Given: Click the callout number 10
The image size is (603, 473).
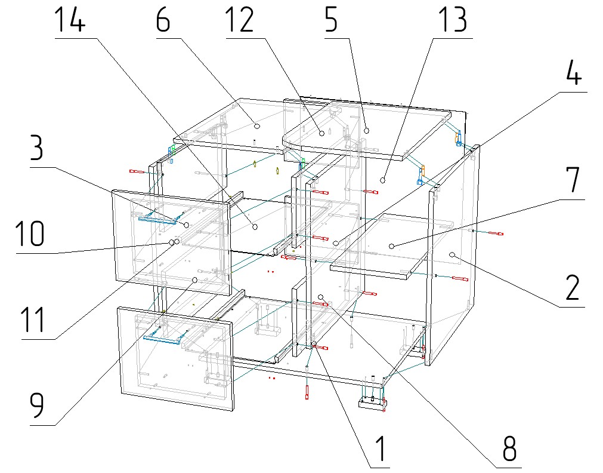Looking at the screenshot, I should (30, 234).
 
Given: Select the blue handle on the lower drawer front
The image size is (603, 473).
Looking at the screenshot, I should (162, 339).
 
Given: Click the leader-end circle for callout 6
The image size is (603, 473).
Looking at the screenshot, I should (256, 126).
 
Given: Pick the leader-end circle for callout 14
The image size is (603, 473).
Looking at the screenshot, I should (255, 226).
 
